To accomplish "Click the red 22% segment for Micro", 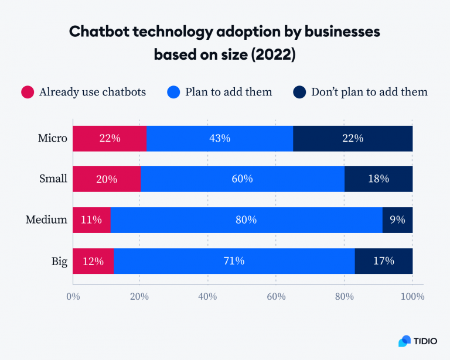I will click(x=109, y=139).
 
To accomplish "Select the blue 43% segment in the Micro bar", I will click(x=219, y=139).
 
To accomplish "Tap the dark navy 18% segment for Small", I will click(x=378, y=179).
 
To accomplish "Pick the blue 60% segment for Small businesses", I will click(x=242, y=179).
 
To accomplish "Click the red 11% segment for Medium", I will click(x=91, y=220).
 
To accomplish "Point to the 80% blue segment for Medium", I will click(x=246, y=220).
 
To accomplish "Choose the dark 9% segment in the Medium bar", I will click(x=397, y=220).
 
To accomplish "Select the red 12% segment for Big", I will click(x=93, y=261).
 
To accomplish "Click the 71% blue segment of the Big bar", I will click(x=234, y=261).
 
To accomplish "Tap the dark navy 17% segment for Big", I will click(x=383, y=261).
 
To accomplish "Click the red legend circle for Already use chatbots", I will click(x=28, y=92).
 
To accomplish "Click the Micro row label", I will click(x=53, y=139).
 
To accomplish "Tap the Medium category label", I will click(x=46, y=220).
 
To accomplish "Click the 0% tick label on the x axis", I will click(x=73, y=297).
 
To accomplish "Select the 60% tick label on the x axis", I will click(x=276, y=297).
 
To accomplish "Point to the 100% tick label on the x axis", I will click(x=412, y=297).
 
